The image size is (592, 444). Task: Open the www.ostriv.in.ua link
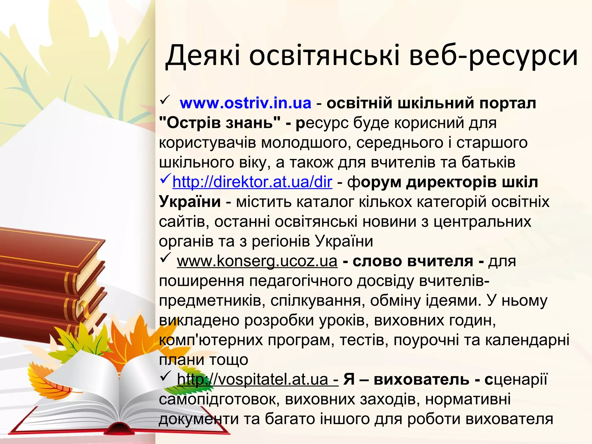(x=245, y=103)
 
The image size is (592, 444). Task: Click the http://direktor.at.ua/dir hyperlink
(x=252, y=182)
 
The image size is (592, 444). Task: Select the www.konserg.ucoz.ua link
(x=257, y=261)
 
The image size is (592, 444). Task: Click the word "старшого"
(x=492, y=143)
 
